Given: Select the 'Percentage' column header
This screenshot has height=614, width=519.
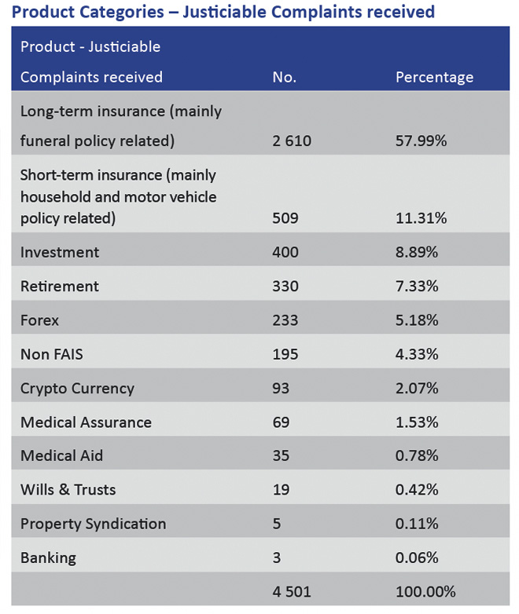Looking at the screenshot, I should [434, 77].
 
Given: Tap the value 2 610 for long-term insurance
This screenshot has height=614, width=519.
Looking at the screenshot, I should [291, 141].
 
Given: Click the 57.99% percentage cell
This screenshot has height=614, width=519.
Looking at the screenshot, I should [421, 141].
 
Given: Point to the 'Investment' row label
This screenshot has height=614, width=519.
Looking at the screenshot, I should [60, 252].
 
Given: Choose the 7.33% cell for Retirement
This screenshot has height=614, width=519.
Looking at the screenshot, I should [418, 287].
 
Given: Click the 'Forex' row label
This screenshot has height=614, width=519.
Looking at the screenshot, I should [39, 320].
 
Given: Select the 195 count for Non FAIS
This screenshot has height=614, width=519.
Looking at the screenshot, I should [285, 354].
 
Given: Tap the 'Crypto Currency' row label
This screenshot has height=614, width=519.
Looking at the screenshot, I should [77, 388].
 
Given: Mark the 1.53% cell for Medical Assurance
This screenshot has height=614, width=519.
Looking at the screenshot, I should [418, 422].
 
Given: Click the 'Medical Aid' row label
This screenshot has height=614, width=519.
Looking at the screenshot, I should [61, 456].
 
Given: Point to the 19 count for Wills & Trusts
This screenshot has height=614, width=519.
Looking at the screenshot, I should [281, 490].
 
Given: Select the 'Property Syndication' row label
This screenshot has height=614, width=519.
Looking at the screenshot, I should [93, 524].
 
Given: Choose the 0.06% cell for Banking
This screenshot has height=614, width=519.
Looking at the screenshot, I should [418, 558].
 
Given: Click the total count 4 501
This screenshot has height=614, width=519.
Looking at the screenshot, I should [291, 591].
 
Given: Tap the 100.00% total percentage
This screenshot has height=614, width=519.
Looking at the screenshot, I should [425, 591].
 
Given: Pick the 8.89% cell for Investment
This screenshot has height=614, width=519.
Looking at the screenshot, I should [418, 252].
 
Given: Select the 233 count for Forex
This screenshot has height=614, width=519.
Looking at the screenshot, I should [285, 320].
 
